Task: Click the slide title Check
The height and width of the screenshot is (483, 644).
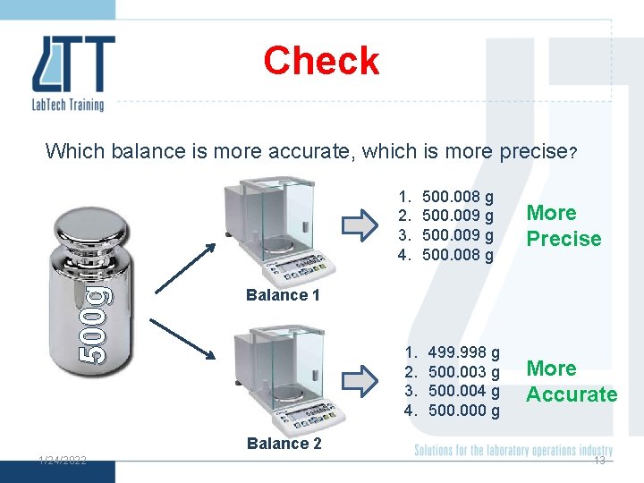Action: [x=321, y=61]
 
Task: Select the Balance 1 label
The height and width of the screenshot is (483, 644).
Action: [x=283, y=295]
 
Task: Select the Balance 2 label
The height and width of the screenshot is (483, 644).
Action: [x=284, y=444]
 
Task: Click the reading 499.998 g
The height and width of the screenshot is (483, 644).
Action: [x=463, y=353]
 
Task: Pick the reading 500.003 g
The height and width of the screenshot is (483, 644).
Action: [x=463, y=372]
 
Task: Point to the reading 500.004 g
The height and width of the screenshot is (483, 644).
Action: [x=463, y=391]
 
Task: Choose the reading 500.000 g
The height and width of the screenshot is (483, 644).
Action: [x=463, y=411]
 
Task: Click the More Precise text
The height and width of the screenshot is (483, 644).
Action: [x=563, y=225]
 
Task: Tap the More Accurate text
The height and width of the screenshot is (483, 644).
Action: [x=572, y=381]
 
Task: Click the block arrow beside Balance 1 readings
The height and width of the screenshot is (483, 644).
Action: [x=361, y=225]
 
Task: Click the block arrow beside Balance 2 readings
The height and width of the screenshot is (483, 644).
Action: [x=361, y=380]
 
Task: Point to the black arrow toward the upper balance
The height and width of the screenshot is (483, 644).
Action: [x=184, y=267]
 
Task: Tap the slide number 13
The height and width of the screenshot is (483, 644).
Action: [x=599, y=461]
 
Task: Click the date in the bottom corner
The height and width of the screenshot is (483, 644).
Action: [x=62, y=460]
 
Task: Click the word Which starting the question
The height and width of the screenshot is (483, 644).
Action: [x=75, y=151]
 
